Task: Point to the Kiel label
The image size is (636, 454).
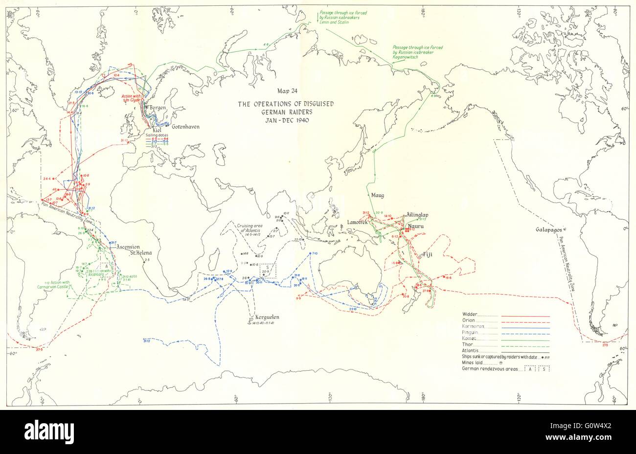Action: pyautogui.click(x=157, y=131)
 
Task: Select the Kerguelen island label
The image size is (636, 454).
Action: pyautogui.click(x=263, y=317)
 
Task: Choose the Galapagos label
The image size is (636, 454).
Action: pyautogui.click(x=549, y=229)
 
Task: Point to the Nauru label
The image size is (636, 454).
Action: pyautogui.click(x=417, y=226)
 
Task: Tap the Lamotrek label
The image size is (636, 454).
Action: pyautogui.click(x=357, y=222)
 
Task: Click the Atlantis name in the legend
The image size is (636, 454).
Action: pyautogui.click(x=472, y=351)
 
